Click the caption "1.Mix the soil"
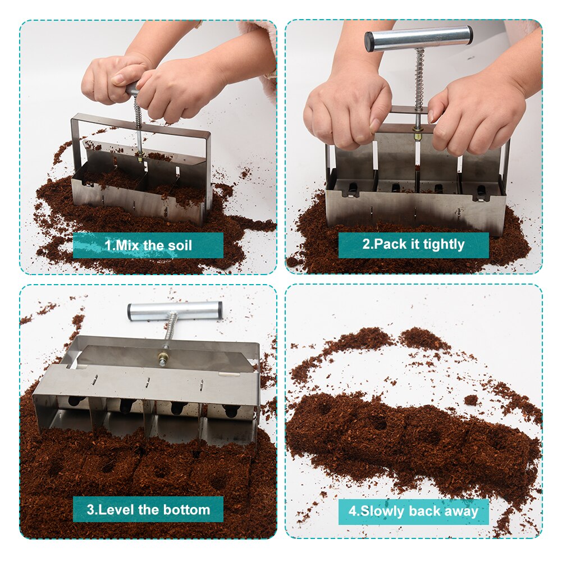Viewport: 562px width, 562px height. point(148,245)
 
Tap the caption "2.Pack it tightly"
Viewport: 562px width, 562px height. point(413,244)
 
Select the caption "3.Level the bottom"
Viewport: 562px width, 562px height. point(148,510)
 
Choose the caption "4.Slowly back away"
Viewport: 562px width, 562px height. point(413,511)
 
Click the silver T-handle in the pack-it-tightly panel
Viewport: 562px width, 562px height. point(419,38)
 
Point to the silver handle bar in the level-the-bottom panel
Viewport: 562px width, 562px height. point(175,310)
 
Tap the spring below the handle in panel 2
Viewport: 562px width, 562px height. point(419,79)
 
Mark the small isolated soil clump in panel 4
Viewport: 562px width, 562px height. point(471,400)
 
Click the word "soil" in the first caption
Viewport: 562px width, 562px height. point(179,245)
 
